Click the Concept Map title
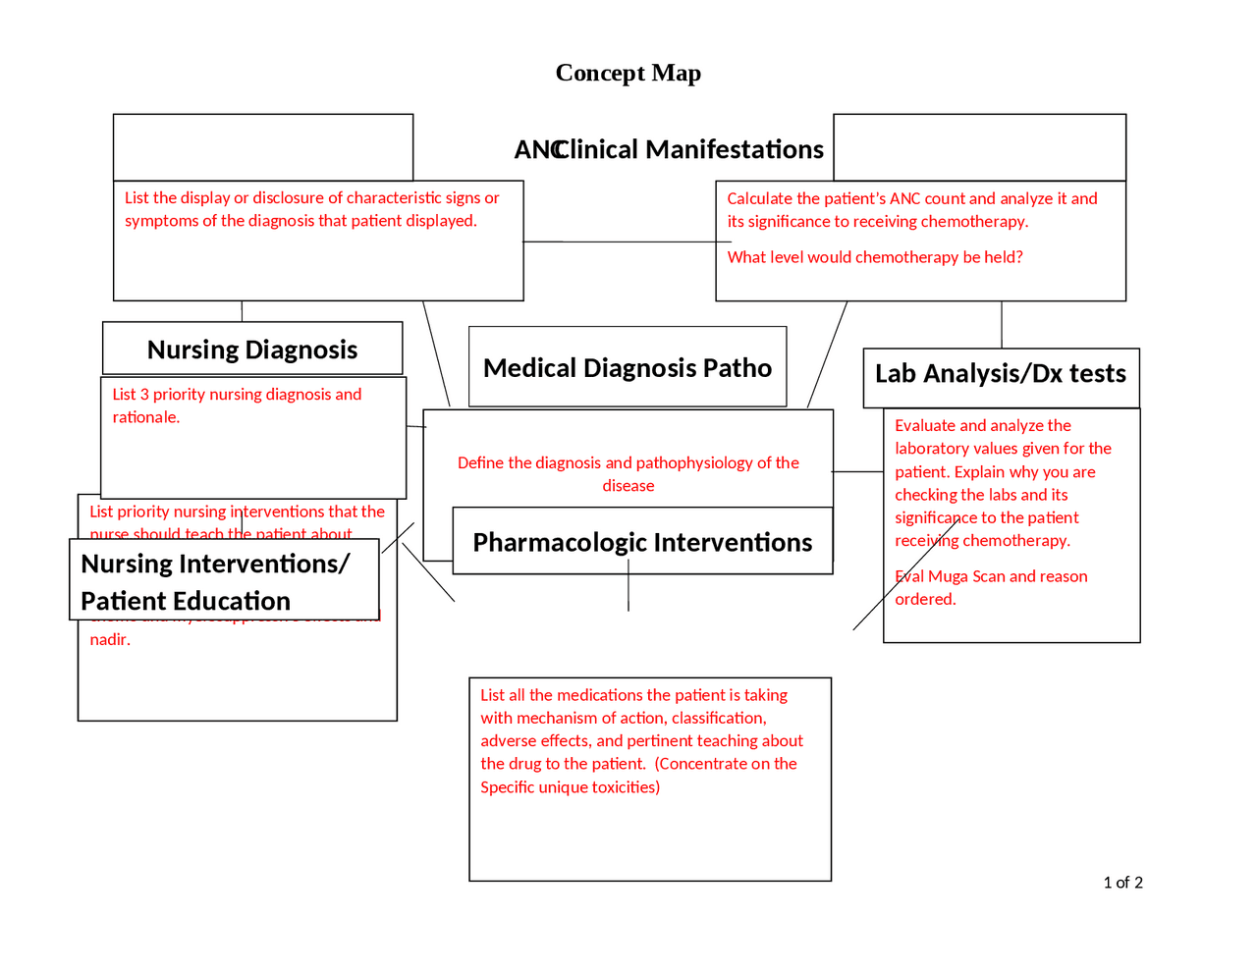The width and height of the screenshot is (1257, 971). point(628,74)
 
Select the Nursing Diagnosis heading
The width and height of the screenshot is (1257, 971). point(252,350)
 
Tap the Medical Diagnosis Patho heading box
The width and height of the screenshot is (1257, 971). point(628,368)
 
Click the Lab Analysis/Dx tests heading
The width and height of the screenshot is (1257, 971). point(1000,374)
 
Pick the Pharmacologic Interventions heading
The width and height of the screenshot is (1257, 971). point(642,543)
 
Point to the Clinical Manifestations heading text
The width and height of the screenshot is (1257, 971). point(688,149)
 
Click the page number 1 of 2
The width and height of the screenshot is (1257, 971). point(1122,883)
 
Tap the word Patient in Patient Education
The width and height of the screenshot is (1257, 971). point(123,601)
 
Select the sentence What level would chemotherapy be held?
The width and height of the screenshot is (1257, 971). point(874,257)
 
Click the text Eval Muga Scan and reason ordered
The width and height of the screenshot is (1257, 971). point(990,587)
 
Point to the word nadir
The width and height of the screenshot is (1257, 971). point(110,640)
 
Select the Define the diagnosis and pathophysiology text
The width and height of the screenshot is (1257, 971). point(628,473)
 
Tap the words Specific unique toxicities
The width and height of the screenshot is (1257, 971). point(570,787)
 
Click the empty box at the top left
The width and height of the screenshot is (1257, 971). point(263,147)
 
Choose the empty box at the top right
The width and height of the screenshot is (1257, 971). point(979,147)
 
